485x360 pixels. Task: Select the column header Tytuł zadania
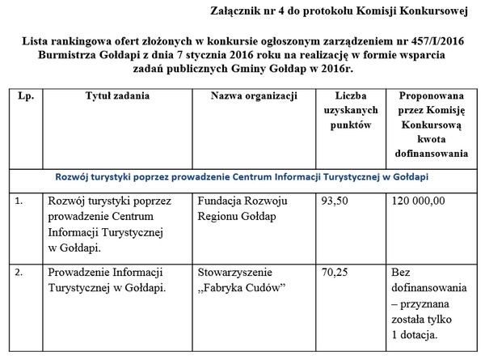pyautogui.click(x=117, y=96)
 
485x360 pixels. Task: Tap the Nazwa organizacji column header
pyautogui.click(x=251, y=96)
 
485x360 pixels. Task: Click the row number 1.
pyautogui.click(x=19, y=201)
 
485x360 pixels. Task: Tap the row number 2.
pyautogui.click(x=19, y=273)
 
